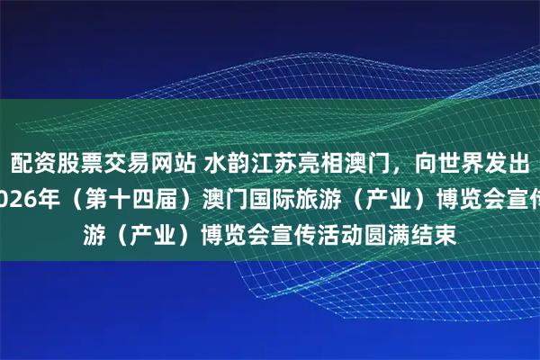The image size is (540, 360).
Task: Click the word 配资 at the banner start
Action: tap(31, 163)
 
